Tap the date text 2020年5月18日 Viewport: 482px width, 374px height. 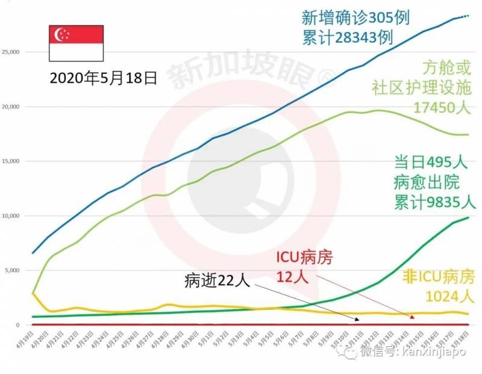coord(103,77)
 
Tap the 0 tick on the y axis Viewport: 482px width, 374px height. coord(19,325)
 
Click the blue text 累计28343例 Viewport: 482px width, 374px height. coord(348,37)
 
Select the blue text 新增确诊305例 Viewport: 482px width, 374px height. coord(355,17)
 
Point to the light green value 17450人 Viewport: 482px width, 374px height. coord(442,107)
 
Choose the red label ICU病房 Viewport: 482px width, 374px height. coord(301,258)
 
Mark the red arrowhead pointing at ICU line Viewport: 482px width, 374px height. coord(413,316)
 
